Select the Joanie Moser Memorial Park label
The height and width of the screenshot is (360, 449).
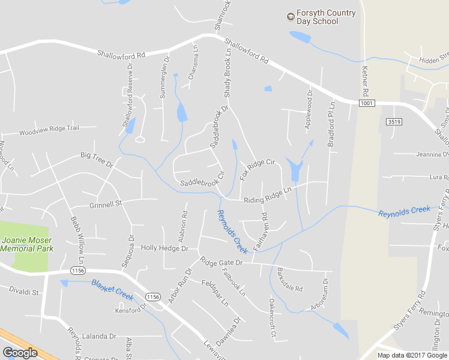27,244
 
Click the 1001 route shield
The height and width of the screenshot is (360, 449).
367,104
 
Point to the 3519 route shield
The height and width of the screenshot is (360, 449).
394,121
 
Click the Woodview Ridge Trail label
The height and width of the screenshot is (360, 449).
49,131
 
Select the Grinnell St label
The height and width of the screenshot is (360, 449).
105,204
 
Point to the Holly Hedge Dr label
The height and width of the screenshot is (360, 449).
164,248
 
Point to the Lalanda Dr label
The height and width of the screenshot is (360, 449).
99,336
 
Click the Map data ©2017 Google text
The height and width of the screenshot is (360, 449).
412,355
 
